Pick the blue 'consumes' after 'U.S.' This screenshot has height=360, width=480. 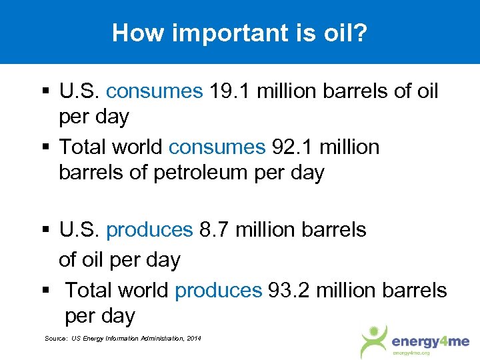[154, 91]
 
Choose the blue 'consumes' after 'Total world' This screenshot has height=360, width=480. [217, 146]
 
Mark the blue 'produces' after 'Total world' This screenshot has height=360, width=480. [218, 290]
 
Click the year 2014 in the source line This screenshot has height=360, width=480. [193, 339]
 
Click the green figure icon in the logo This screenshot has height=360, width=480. [374, 340]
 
